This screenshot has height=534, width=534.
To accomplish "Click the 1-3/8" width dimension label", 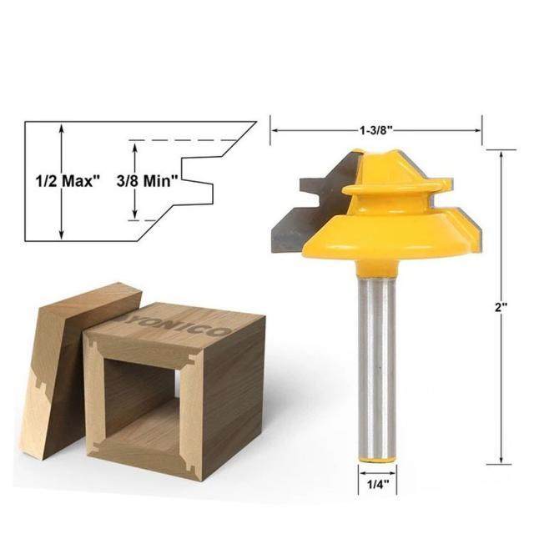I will [375, 130].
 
